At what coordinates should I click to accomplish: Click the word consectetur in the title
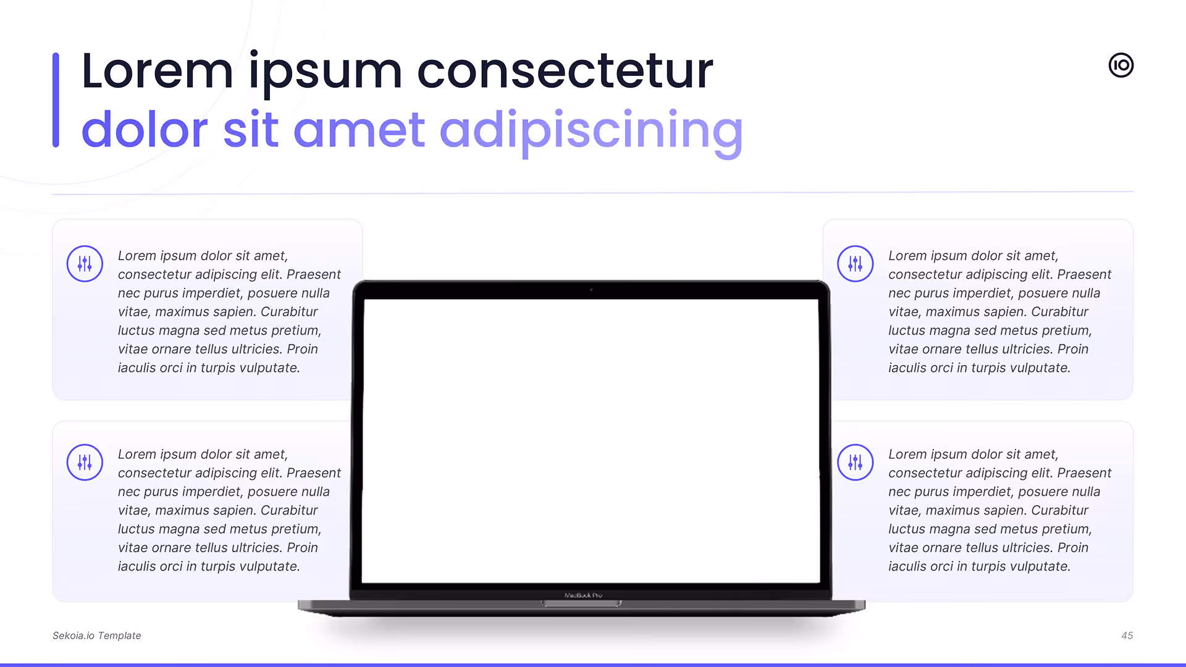(565, 71)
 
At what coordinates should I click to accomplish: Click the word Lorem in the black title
(158, 70)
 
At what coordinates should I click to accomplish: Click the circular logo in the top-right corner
(1121, 65)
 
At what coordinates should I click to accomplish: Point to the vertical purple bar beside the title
(56, 100)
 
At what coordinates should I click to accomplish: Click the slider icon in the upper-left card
(85, 264)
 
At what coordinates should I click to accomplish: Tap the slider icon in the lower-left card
(85, 462)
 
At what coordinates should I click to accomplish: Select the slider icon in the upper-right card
(856, 264)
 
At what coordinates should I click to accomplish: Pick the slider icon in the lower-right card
(856, 462)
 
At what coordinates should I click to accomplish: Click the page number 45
(1127, 636)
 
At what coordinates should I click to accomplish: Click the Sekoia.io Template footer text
(97, 636)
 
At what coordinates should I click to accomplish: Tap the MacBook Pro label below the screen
(583, 595)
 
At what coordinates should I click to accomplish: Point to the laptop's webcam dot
(591, 290)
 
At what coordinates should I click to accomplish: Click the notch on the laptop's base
(581, 603)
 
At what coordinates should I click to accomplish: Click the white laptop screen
(591, 441)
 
